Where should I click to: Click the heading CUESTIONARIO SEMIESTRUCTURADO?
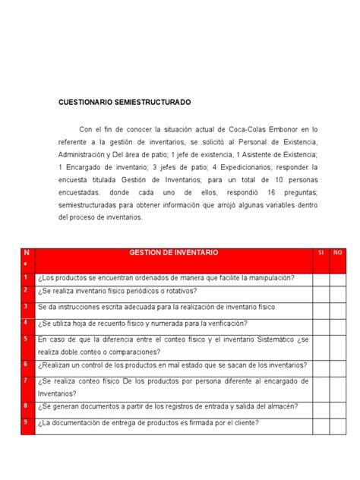[x=125, y=101]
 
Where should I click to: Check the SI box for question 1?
[x=319, y=278]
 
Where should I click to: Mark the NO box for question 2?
[x=339, y=292]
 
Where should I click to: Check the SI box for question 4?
[x=319, y=322]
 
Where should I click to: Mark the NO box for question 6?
[x=339, y=365]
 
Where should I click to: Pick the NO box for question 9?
[x=339, y=423]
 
